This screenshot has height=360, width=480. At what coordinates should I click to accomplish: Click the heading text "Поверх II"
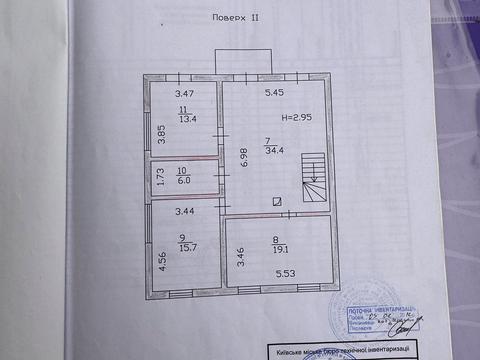(x=237, y=20)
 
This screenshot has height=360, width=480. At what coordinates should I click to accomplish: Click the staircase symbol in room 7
(x=314, y=178)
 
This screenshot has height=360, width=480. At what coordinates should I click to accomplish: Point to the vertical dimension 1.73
(x=159, y=178)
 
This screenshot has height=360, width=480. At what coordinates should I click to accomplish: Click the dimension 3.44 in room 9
(x=186, y=212)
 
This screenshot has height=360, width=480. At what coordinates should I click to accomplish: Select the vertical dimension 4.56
(x=160, y=260)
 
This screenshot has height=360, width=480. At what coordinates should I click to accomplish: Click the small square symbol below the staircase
(x=276, y=201)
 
